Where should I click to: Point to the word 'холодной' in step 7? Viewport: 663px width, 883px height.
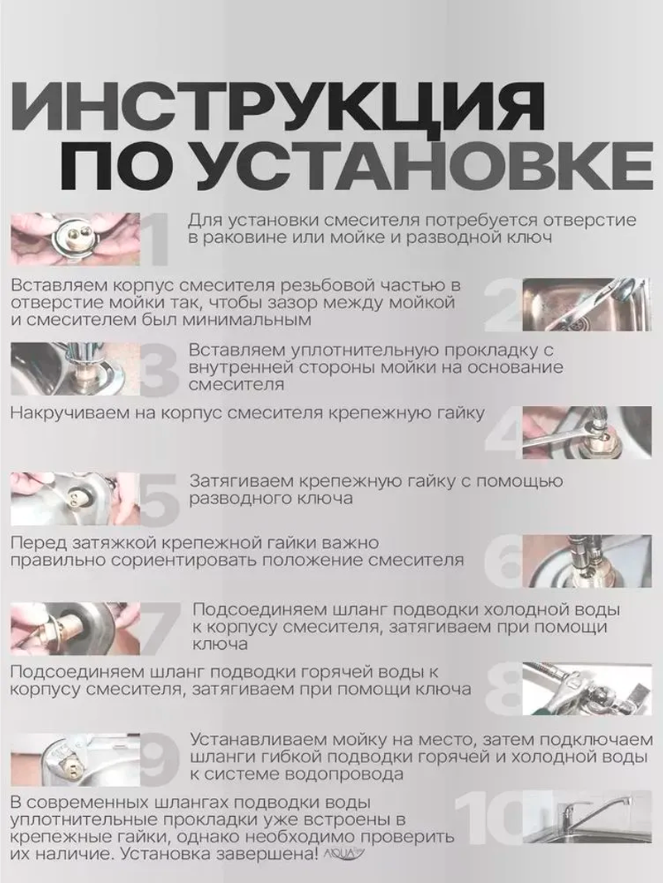tap(509, 610)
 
